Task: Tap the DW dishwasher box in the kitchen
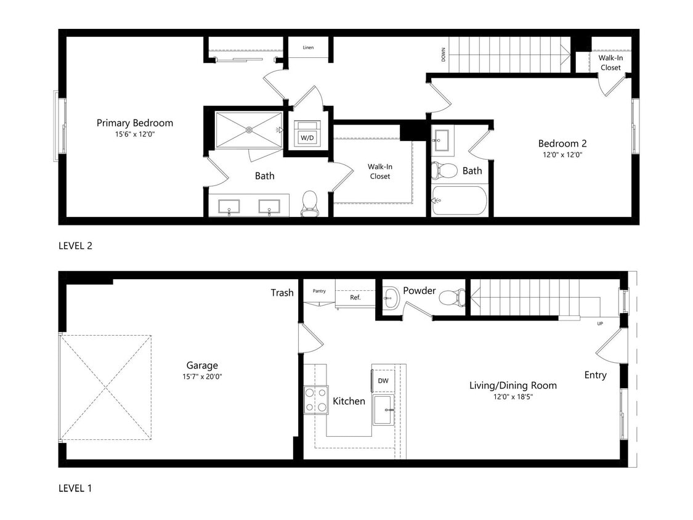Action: pyautogui.click(x=383, y=381)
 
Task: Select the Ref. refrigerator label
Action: pyautogui.click(x=355, y=297)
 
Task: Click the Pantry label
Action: pyautogui.click(x=319, y=291)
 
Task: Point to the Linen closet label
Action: pyautogui.click(x=308, y=47)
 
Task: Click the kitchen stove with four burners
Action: pyautogui.click(x=315, y=399)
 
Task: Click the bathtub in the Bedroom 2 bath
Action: pyautogui.click(x=460, y=200)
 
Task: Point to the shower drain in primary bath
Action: pyautogui.click(x=249, y=129)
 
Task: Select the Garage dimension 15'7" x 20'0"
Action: pyautogui.click(x=203, y=376)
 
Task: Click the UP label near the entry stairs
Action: pyautogui.click(x=599, y=323)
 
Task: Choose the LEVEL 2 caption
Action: pyautogui.click(x=75, y=245)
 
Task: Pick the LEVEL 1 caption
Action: pyautogui.click(x=75, y=488)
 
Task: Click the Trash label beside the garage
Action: pyautogui.click(x=282, y=293)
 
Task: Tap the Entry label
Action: pyautogui.click(x=595, y=375)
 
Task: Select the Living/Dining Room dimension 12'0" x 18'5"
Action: pyautogui.click(x=513, y=397)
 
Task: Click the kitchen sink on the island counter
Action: pyautogui.click(x=383, y=410)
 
